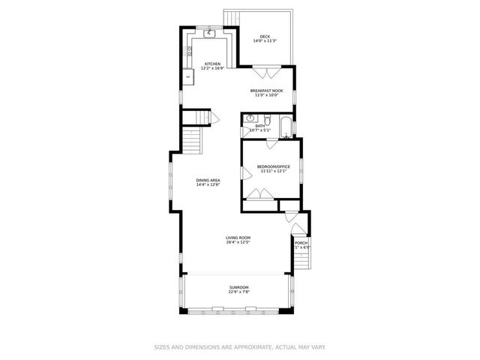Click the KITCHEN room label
212,64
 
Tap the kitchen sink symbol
209,34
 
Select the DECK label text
264,37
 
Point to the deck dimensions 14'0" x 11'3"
264,41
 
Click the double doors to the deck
265,73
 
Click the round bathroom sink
250,118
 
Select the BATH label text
259,126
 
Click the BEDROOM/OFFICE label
273,166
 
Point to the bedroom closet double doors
259,194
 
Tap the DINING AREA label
208,180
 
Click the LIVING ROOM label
238,238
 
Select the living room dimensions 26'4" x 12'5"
238,243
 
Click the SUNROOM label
238,287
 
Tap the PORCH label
301,243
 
